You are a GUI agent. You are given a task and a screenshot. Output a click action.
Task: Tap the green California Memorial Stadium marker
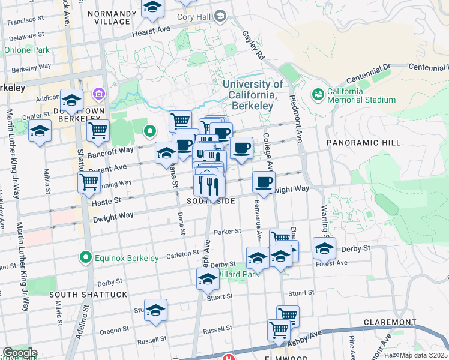tap(317, 94)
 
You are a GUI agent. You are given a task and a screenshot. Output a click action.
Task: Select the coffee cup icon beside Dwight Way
tap(264, 182)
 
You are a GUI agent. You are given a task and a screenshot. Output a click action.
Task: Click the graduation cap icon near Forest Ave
tap(324, 247)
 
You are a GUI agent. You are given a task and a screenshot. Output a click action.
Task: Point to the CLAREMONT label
tap(390, 322)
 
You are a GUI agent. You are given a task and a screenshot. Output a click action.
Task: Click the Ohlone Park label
tap(27, 50)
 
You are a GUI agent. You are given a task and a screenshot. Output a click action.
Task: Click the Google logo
tap(19, 353)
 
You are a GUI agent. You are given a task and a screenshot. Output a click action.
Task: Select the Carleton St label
tap(182, 254)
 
